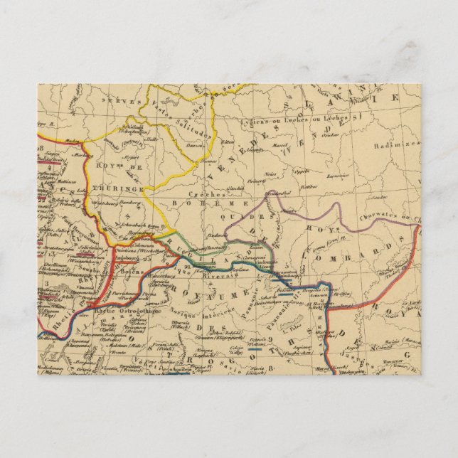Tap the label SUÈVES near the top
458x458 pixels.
coord(117,102)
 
